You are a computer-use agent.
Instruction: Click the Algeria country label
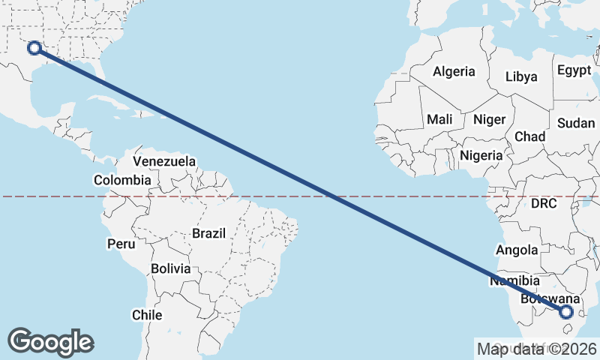click(454, 72)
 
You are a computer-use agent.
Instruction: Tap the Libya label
click(521, 76)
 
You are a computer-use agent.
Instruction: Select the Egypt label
click(574, 70)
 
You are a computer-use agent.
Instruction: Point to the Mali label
click(439, 119)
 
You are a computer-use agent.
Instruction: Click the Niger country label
click(488, 119)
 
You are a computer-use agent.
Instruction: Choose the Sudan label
click(577, 123)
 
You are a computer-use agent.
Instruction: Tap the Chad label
click(529, 136)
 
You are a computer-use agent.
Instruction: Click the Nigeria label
click(481, 156)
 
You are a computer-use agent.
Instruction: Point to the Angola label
click(517, 250)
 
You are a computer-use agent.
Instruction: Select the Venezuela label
click(164, 161)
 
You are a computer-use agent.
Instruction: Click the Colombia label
click(122, 180)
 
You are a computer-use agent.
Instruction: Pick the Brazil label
click(208, 233)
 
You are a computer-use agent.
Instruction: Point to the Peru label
click(121, 244)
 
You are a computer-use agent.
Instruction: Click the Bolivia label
click(170, 268)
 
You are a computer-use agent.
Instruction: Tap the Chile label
click(147, 315)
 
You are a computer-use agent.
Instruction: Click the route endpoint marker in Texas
click(34, 48)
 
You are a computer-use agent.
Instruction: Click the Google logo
click(51, 342)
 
